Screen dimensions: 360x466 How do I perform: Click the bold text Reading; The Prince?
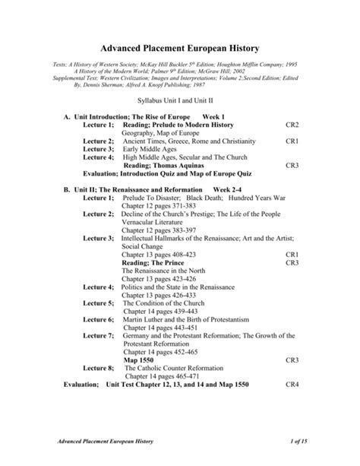(154, 262)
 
